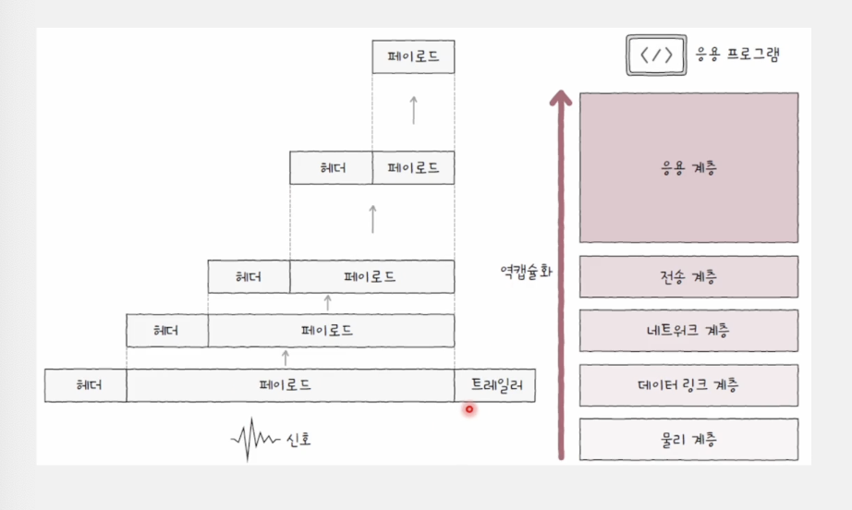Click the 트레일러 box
click(494, 385)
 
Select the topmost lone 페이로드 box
click(413, 57)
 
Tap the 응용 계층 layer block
click(688, 167)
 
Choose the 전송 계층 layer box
click(688, 276)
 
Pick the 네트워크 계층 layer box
click(688, 331)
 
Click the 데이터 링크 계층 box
click(688, 385)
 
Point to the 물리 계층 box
click(688, 439)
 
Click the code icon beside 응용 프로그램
click(656, 55)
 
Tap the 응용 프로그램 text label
click(738, 55)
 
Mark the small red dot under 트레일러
click(469, 409)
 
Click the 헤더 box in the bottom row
click(86, 385)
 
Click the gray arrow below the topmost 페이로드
click(413, 110)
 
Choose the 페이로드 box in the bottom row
click(290, 385)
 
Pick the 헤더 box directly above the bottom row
click(167, 331)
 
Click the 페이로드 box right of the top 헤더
click(413, 167)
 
